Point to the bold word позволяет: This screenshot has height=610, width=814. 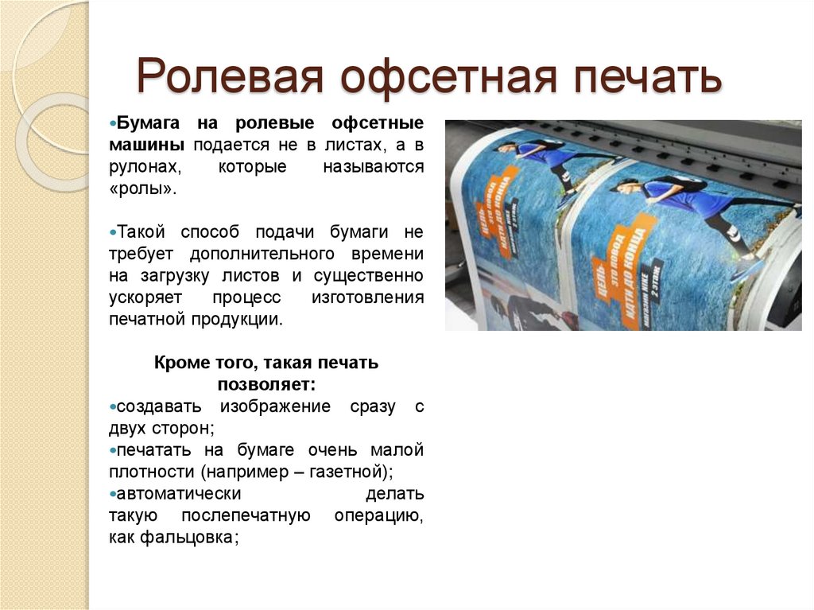(266, 384)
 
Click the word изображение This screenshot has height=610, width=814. (275, 406)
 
